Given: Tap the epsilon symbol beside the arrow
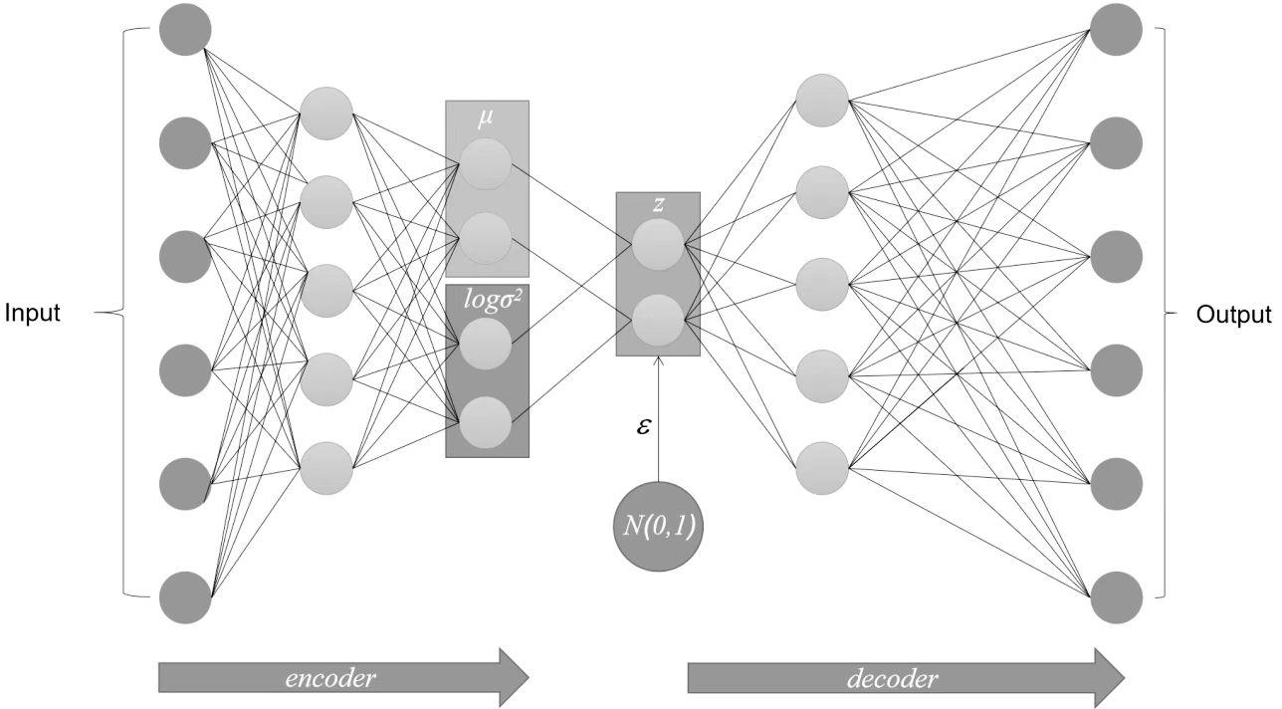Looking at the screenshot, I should [644, 426].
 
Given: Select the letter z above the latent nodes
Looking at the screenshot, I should [658, 205].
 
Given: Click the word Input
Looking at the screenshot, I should [33, 314].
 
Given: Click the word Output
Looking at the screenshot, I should [1233, 315].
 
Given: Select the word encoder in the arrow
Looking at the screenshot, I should [330, 679].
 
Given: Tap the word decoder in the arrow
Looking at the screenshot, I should [892, 679].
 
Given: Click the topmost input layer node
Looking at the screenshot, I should [185, 29].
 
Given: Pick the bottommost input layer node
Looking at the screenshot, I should [185, 597].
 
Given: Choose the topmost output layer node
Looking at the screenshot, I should [1116, 29].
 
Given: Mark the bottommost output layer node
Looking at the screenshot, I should [1116, 597].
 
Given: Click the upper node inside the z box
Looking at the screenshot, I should [658, 246].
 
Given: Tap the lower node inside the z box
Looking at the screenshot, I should [658, 321].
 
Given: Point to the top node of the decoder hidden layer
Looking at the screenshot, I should [822, 101].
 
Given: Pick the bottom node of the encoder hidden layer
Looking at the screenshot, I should [326, 468].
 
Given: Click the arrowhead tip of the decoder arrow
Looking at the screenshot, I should [1124, 678].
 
